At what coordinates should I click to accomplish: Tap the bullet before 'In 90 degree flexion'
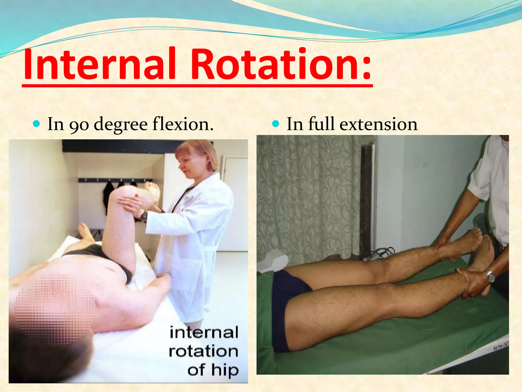click(x=37, y=124)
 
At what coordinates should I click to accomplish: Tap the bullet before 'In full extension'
click(x=276, y=124)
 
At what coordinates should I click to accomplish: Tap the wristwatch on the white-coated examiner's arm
click(x=144, y=216)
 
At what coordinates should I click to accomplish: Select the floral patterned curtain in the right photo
click(x=306, y=194)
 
